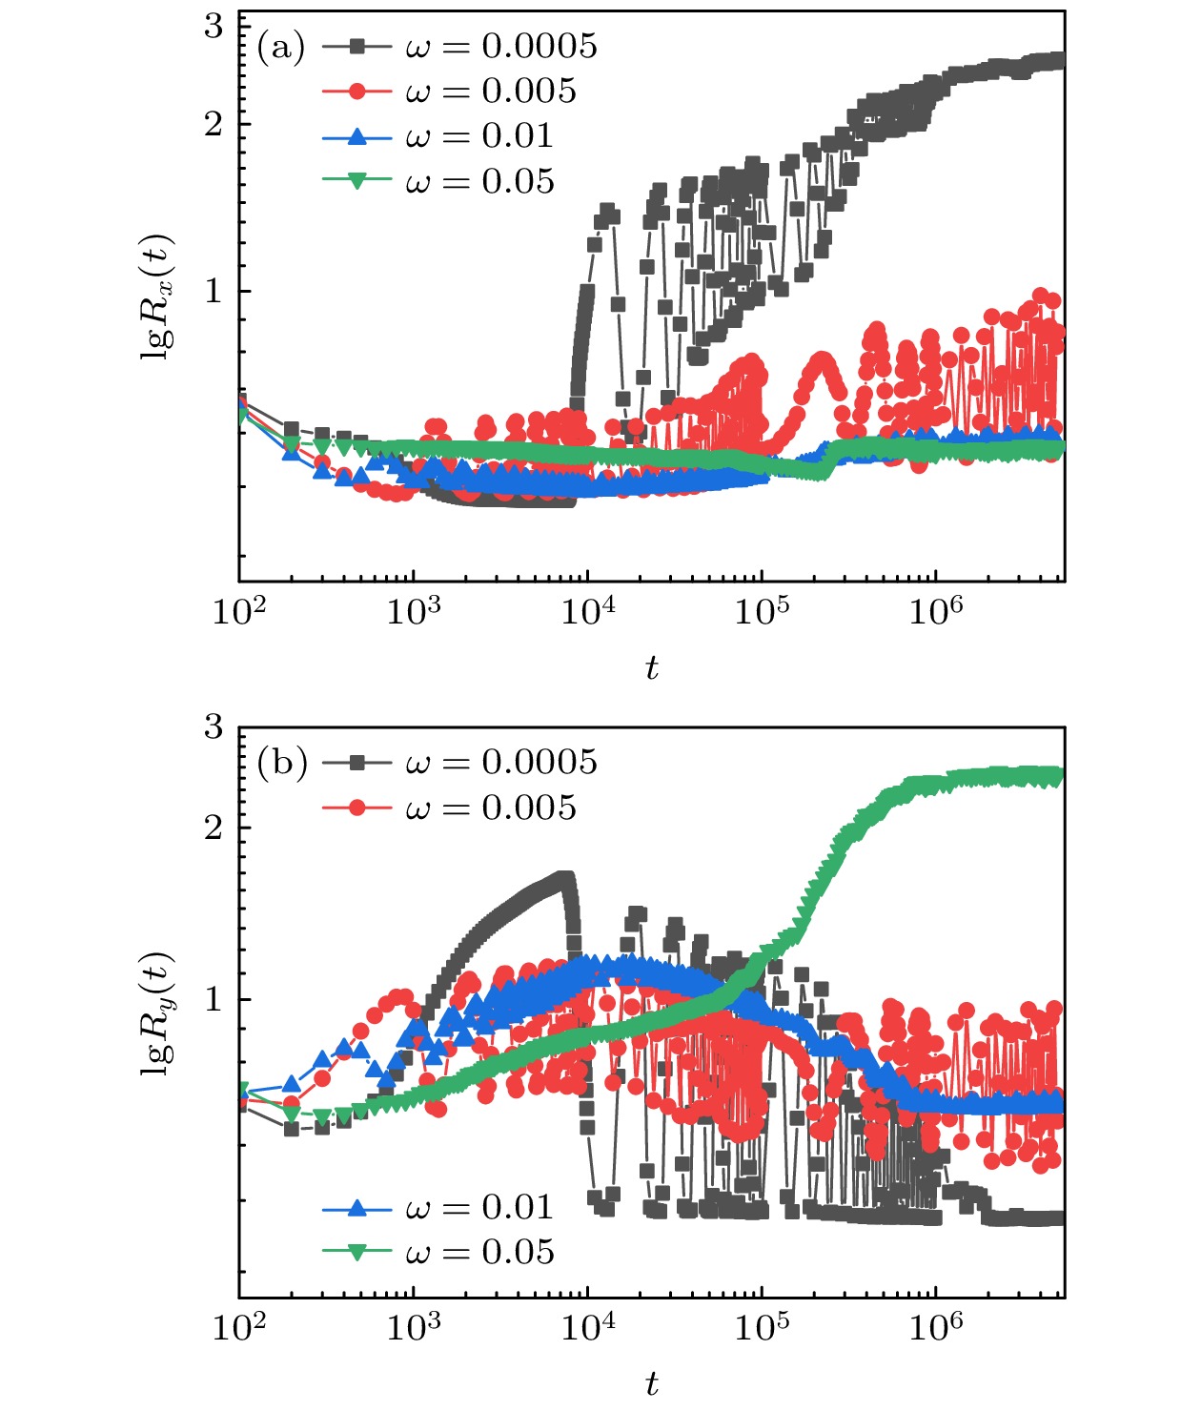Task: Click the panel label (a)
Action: [x=280, y=46]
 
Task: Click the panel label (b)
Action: [x=281, y=762]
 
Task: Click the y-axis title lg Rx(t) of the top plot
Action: [x=158, y=296]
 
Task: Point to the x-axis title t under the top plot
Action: [x=651, y=668]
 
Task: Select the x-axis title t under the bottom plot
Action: [x=651, y=1383]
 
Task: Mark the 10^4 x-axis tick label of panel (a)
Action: [x=587, y=611]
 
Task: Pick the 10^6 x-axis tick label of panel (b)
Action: [x=935, y=1326]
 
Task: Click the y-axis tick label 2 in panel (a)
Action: [x=214, y=124]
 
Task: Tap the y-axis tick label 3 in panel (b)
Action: [x=214, y=727]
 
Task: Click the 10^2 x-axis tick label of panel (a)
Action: [x=238, y=611]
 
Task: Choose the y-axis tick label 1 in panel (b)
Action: [x=214, y=999]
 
